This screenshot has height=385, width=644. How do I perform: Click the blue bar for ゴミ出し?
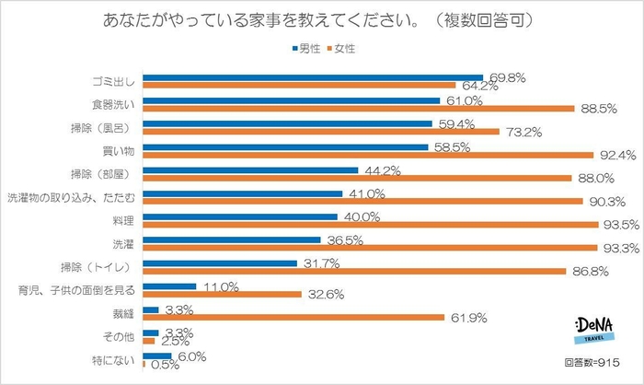click(313, 77)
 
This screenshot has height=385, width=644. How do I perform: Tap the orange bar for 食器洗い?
click(359, 109)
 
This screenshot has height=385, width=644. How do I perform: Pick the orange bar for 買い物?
click(368, 155)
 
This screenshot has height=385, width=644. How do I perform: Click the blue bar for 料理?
click(243, 218)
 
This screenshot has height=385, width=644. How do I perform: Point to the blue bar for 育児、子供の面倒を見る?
click(170, 287)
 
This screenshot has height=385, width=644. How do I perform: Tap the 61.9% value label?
click(467, 319)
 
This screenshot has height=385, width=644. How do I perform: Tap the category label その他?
click(122, 337)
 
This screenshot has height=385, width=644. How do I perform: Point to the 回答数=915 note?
click(595, 365)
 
